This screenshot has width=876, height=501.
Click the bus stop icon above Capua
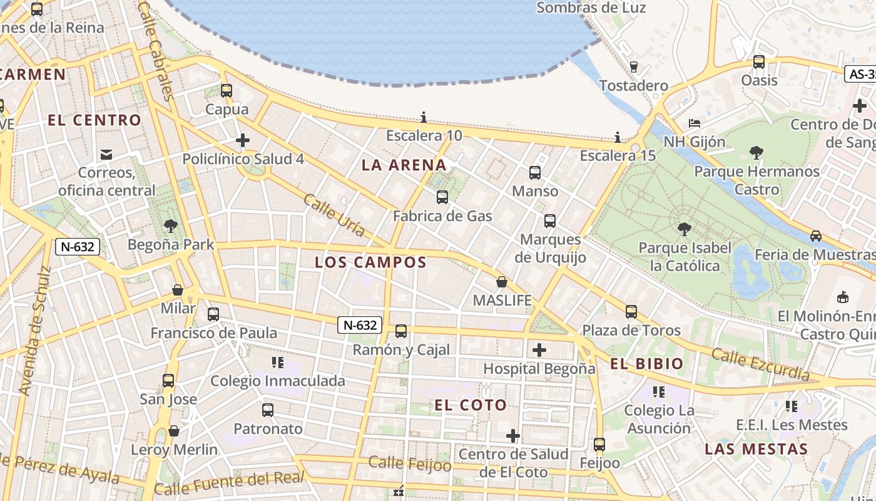pos(227,91)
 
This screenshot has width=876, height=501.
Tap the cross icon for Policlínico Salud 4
pos(243,140)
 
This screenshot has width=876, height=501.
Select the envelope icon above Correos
pos(106,154)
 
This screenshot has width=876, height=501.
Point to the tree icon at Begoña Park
pos(170,226)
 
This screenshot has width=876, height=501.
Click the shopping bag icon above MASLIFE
pos(502,282)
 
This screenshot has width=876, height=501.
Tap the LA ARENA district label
pos(404,165)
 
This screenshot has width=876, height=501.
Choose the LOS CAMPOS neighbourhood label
pos(370,262)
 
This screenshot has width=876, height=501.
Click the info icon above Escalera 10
pos(424,117)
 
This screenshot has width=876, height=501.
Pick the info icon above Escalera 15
pos(618,137)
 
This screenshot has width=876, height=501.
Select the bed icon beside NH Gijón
pos(694,123)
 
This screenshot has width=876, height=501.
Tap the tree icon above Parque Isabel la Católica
pos(684,229)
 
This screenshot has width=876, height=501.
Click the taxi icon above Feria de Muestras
pos(815,236)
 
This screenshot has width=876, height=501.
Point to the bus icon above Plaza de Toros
pos(631,312)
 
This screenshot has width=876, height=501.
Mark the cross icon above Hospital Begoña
pos(539,350)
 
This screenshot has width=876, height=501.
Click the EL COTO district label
pos(471,405)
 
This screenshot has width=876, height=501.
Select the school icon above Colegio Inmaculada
pos(278,363)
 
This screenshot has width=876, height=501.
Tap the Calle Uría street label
pos(334,215)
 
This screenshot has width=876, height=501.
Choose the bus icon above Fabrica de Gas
pos(442,197)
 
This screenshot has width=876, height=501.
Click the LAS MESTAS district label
pos(756,449)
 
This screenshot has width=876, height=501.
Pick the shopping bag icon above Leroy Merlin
pos(174,431)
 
